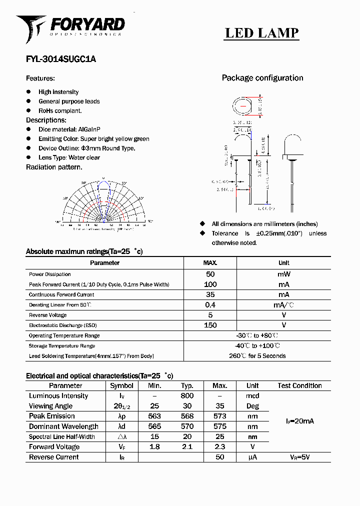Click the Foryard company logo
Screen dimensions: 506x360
tap(70, 27)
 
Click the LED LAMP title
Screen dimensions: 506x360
tap(261, 33)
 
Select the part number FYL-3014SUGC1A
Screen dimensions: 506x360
tap(60, 59)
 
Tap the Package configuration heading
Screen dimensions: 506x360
tap(262, 78)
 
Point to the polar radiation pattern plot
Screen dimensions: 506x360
tap(103, 202)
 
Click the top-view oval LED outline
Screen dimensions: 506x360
tap(243, 107)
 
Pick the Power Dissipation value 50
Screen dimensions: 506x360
tap(210, 274)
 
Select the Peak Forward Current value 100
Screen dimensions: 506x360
tap(210, 284)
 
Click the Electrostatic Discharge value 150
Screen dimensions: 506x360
tap(210, 325)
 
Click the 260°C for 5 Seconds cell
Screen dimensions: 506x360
tap(257, 356)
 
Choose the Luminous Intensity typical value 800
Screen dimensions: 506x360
tap(187, 396)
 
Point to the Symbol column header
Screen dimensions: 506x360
tap(121, 385)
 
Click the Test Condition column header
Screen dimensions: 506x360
tap(299, 385)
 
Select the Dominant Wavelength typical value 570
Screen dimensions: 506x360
tap(187, 426)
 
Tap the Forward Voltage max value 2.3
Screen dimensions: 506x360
tap(220, 447)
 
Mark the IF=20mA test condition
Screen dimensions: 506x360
tap(300, 421)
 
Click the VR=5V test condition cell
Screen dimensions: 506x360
tap(300, 457)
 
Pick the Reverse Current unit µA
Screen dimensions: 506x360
tap(252, 457)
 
